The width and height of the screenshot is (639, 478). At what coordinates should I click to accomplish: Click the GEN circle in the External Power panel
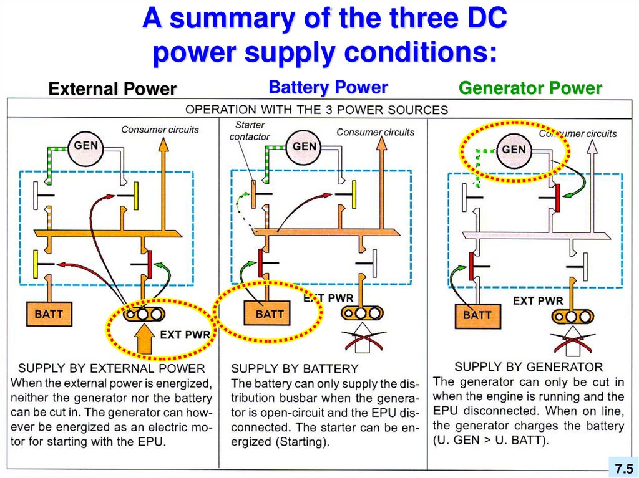85,145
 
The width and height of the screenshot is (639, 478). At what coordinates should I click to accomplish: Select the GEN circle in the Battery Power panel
305,146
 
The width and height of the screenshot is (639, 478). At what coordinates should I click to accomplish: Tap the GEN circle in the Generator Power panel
514,150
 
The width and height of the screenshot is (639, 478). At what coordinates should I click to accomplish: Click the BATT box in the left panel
49,313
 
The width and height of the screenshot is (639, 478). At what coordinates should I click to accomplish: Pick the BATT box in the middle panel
270,314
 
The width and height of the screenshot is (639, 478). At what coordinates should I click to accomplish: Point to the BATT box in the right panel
477,315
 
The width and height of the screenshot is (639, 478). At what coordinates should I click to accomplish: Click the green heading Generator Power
530,88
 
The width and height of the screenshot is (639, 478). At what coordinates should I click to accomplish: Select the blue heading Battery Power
328,87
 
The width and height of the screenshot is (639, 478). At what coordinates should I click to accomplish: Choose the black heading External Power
112,89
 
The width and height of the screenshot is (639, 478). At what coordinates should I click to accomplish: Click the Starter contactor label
250,131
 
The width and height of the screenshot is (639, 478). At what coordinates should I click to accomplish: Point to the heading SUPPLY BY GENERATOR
529,366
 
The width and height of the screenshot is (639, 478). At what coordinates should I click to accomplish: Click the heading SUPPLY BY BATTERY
295,368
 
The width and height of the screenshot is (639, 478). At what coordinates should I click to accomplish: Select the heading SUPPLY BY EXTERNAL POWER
112,368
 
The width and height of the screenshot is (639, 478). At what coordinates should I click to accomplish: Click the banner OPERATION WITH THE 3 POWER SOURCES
317,110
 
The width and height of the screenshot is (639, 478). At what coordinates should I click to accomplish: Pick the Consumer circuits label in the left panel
160,130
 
